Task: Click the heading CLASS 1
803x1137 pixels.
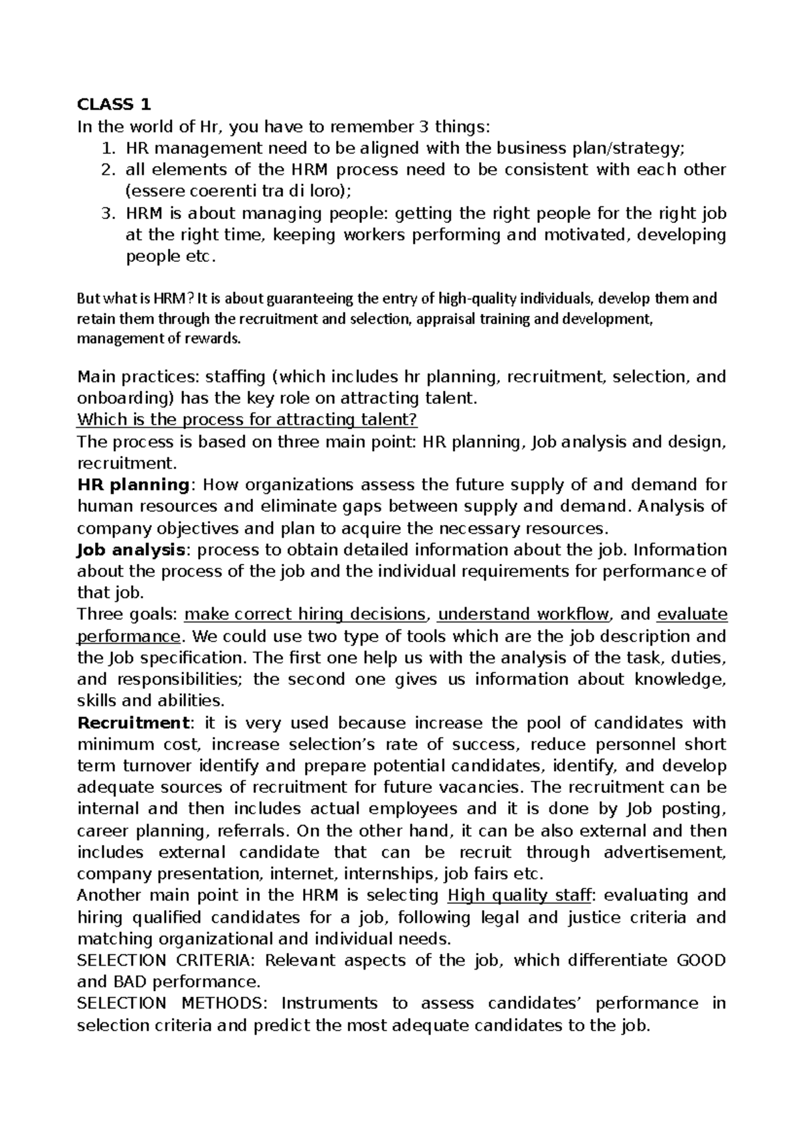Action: [114, 104]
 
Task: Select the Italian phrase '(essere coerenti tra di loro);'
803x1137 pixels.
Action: [238, 191]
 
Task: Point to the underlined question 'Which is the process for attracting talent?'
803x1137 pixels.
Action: [247, 420]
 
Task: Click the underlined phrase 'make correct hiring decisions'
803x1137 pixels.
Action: [304, 614]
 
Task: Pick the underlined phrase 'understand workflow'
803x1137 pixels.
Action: [523, 614]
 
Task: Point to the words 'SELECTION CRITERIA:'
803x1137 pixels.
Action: [167, 960]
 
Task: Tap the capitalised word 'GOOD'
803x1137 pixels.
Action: [701, 960]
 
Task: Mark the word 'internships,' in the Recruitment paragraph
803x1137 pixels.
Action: [394, 874]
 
